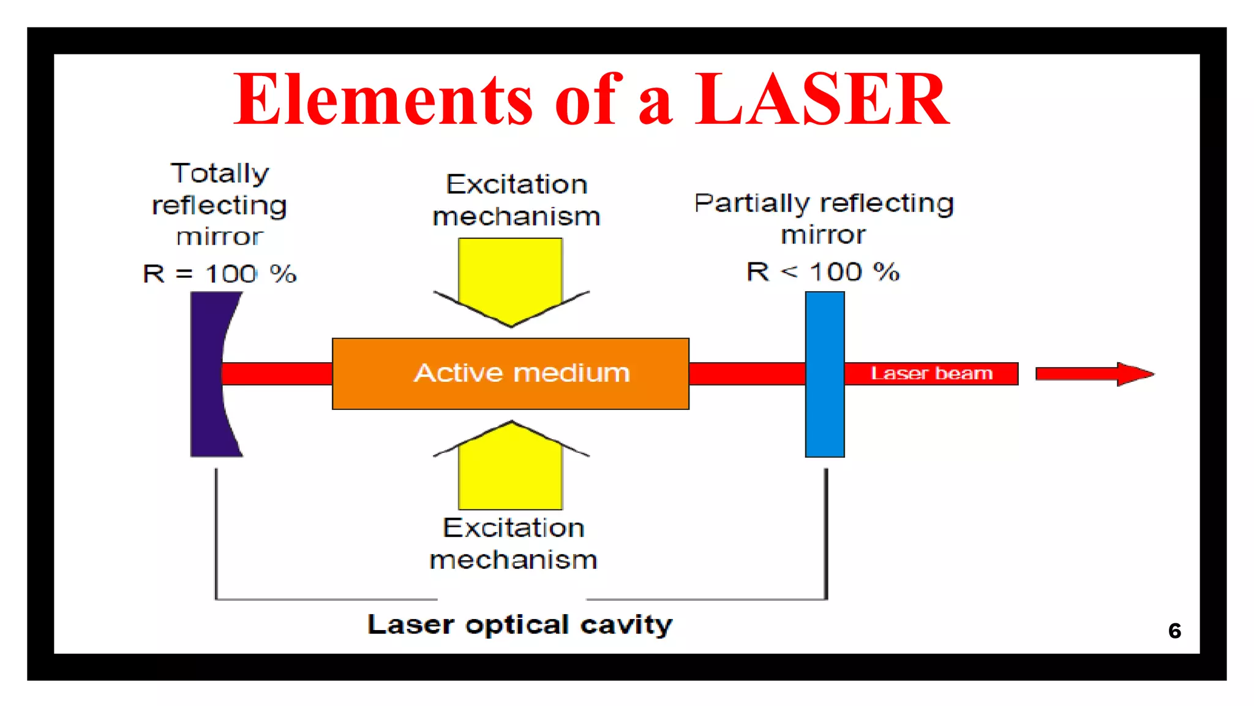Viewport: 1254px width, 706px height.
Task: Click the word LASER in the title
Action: (x=822, y=99)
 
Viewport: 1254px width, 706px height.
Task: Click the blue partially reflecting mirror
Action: (x=824, y=374)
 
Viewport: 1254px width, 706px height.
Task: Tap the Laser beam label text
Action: (x=931, y=373)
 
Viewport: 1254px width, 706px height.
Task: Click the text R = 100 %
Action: (x=219, y=273)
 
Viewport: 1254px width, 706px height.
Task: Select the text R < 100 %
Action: (x=822, y=271)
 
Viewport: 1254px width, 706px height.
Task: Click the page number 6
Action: (x=1174, y=631)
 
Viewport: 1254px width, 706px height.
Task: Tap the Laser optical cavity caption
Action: (x=519, y=624)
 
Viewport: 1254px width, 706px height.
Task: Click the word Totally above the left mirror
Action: (x=219, y=173)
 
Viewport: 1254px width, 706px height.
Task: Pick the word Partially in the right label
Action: (x=751, y=203)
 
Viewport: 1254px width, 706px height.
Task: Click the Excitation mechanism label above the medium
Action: (x=516, y=200)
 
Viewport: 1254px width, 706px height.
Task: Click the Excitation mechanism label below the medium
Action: (x=513, y=544)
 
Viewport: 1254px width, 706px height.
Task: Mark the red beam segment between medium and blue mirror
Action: (x=746, y=374)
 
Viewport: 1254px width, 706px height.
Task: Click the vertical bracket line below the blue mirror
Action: (x=825, y=533)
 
